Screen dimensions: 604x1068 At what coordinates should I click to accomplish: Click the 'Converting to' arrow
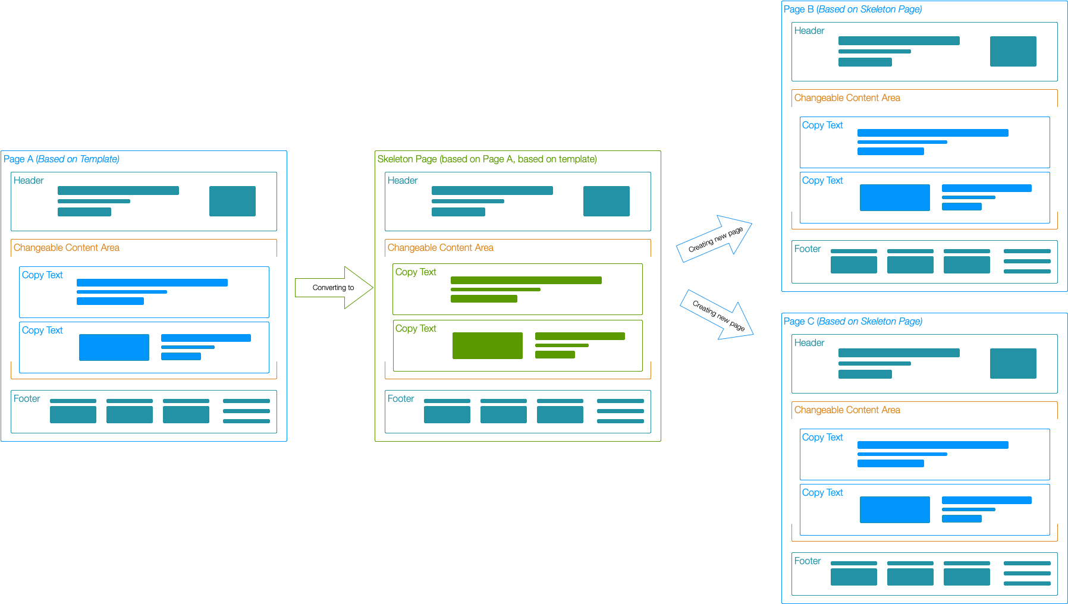333,288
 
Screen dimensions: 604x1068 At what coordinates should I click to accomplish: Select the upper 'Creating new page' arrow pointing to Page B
715,238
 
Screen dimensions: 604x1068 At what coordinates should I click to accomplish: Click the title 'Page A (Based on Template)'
61,159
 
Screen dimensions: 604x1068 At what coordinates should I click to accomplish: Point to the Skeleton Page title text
487,159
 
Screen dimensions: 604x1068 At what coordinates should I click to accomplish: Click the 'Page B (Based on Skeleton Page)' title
853,10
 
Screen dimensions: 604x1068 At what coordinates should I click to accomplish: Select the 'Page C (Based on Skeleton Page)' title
853,322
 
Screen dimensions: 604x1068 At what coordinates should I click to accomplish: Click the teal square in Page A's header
233,201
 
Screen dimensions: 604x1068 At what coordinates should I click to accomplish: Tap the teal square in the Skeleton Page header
607,201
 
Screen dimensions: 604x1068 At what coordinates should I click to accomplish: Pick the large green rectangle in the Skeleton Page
488,345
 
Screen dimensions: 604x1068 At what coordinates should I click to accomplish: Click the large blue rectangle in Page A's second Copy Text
114,347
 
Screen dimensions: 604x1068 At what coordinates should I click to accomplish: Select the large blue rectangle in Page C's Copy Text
895,509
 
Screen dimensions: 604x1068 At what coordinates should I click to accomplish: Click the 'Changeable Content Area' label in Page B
847,98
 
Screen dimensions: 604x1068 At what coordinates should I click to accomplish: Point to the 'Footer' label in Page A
27,399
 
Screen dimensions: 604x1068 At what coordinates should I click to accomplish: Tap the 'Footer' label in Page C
808,561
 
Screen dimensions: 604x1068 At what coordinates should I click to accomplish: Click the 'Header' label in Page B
809,31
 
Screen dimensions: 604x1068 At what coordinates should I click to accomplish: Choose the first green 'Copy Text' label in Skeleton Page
416,272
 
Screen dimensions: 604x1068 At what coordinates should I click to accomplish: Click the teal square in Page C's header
1013,363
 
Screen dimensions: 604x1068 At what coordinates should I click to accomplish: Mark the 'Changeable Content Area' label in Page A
67,248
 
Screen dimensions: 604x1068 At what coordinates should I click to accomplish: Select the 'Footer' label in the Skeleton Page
401,399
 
